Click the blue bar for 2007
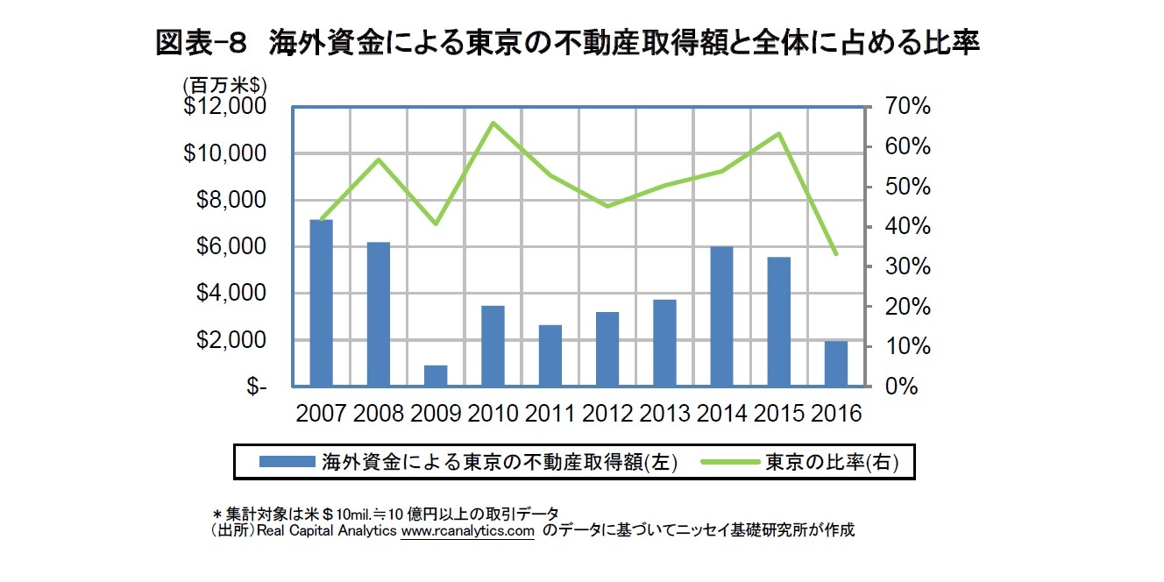[x=322, y=303]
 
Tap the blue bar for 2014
[x=722, y=316]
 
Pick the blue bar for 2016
[x=836, y=364]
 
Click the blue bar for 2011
[x=550, y=356]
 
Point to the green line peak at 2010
[x=493, y=123]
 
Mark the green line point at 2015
[x=779, y=134]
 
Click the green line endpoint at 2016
[x=836, y=253]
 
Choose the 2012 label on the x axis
[x=608, y=413]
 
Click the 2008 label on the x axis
[x=379, y=413]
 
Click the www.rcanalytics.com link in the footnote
[x=467, y=531]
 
